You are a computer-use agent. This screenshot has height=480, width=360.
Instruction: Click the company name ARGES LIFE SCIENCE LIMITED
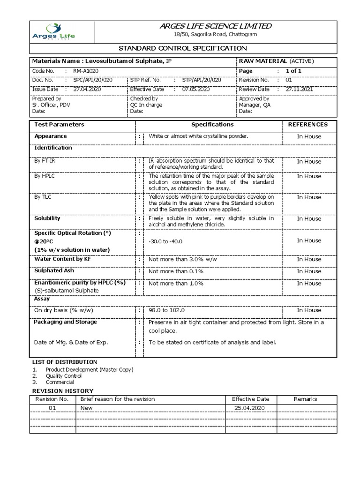(216, 26)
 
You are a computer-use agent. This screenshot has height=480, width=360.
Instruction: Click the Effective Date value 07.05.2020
(196, 89)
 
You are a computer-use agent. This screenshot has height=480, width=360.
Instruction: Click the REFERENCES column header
(307, 125)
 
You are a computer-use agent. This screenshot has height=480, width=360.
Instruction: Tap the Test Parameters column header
(60, 125)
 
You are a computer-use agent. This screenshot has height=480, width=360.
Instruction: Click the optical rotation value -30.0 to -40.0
(165, 241)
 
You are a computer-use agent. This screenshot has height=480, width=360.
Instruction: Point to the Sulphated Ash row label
(54, 271)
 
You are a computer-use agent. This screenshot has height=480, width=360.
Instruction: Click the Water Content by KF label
(62, 259)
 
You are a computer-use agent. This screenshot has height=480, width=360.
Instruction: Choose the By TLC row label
(43, 197)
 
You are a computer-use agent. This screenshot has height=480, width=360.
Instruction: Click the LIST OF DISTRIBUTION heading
(64, 362)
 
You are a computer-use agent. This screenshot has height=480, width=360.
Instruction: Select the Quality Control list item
(63, 376)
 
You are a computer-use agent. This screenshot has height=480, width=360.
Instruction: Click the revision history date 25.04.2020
(250, 408)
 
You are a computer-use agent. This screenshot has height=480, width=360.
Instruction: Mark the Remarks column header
(305, 399)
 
